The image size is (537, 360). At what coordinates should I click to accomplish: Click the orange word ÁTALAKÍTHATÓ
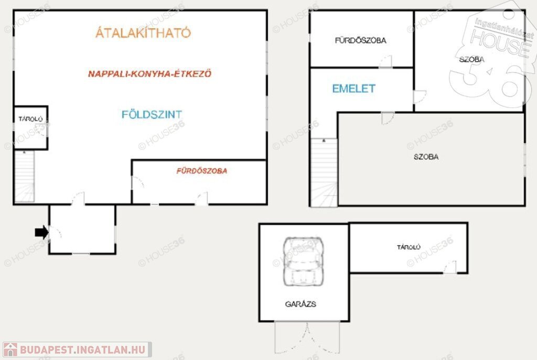(143, 32)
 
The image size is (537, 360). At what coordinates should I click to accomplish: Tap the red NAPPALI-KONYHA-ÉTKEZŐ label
(149, 73)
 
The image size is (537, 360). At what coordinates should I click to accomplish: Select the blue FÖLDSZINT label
(152, 114)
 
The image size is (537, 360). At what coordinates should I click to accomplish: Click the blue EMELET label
(354, 89)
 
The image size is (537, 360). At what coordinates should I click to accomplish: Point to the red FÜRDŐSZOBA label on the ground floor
(202, 171)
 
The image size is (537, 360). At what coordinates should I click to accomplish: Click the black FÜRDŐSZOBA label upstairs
(360, 40)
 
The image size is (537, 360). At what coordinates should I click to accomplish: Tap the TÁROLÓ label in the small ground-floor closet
(30, 119)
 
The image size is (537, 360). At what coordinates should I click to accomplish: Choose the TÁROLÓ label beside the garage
(409, 247)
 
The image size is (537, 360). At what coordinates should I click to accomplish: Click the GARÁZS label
(300, 304)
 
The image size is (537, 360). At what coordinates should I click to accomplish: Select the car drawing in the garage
(303, 261)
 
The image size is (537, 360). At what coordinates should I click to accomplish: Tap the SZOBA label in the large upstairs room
(426, 157)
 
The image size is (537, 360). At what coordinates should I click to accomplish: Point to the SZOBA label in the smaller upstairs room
(471, 60)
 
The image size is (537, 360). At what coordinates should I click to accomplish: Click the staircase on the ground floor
(24, 176)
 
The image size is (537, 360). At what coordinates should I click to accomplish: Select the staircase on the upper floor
(324, 172)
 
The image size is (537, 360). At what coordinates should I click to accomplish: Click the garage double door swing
(307, 337)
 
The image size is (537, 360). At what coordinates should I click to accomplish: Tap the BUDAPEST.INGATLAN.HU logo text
(82, 350)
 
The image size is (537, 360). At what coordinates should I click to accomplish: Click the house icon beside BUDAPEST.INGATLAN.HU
(10, 350)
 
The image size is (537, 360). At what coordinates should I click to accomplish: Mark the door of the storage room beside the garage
(449, 267)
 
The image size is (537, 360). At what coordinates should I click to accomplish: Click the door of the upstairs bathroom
(385, 62)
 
